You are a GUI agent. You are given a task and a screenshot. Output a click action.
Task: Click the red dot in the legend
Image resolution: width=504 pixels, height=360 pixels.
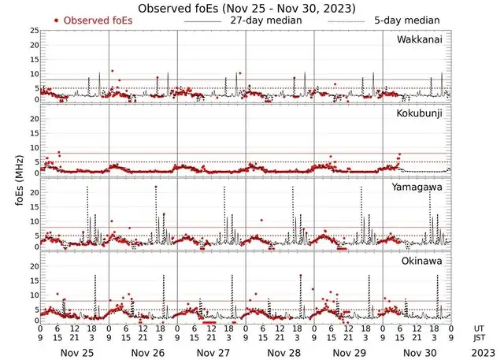[56, 20]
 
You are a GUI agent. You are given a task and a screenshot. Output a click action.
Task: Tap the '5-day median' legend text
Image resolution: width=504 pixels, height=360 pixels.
[408, 20]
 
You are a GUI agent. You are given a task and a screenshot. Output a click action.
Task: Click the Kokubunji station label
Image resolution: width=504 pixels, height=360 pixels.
[421, 114]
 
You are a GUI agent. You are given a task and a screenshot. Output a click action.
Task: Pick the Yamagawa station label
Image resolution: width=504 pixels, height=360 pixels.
[420, 187]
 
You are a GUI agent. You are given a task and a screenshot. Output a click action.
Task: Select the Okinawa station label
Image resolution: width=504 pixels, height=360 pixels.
[423, 261]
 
